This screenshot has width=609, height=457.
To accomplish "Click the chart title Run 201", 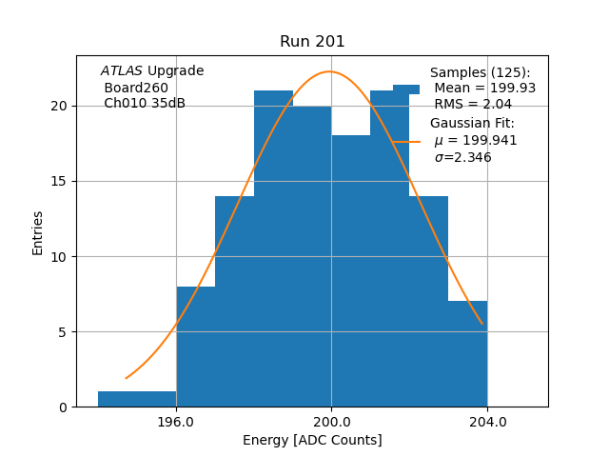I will pyautogui.click(x=312, y=42).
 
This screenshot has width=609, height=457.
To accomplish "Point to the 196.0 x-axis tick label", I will pyautogui.click(x=176, y=421).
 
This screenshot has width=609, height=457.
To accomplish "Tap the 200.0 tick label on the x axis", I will pyautogui.click(x=331, y=421).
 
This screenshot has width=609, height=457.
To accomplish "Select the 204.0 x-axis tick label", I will pyautogui.click(x=487, y=421).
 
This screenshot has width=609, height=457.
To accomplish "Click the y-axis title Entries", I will pyautogui.click(x=38, y=232).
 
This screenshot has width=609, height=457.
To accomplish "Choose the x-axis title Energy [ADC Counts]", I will pyautogui.click(x=312, y=440).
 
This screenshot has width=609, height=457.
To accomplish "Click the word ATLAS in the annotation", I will pyautogui.click(x=122, y=71).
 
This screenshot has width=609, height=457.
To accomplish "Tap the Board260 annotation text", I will pyautogui.click(x=136, y=88).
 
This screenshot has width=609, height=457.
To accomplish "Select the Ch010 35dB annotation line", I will pyautogui.click(x=145, y=103).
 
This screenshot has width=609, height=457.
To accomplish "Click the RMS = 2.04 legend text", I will pyautogui.click(x=473, y=104).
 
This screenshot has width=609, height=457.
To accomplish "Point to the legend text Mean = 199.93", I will pyautogui.click(x=485, y=88).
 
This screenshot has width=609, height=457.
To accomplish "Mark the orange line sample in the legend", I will pyautogui.click(x=406, y=141).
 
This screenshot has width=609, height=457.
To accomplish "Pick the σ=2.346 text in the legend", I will pyautogui.click(x=462, y=157).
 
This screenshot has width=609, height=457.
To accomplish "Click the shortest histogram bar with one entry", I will pyautogui.click(x=137, y=399).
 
